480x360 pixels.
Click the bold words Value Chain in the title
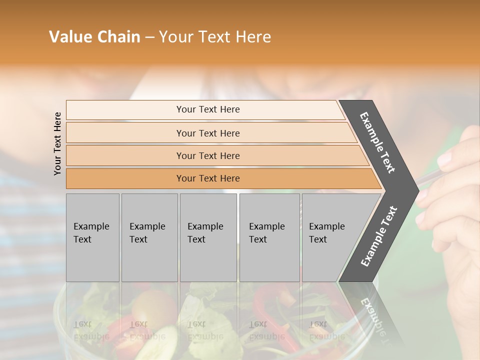pos(94,37)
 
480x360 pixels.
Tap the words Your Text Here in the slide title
pos(215,37)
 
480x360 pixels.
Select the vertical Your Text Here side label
pos(57,143)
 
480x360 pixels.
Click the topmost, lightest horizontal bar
pos(207,109)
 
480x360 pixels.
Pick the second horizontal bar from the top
pos(207,133)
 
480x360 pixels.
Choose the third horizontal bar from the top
pos(207,155)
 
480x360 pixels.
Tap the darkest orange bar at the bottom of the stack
pos(207,178)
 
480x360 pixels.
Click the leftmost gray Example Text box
pos(92,237)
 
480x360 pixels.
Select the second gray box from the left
pos(149,237)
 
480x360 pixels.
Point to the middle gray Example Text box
pos(208,237)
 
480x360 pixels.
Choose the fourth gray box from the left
pos(269,237)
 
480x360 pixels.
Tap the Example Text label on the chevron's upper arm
pos(377,142)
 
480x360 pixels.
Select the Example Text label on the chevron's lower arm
pos(379,236)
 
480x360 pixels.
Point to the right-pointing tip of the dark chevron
pos(416,190)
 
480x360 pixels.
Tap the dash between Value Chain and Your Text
pos(149,37)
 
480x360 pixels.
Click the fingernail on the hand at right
pos(443,159)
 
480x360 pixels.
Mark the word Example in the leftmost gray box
pos(91,226)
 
